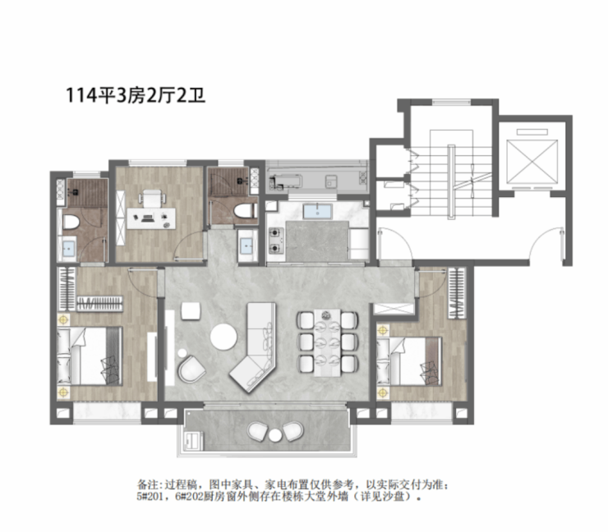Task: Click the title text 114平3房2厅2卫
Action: [x=136, y=95]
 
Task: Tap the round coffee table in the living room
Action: [x=223, y=337]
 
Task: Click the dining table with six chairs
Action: [x=328, y=342]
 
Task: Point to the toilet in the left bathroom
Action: [x=71, y=222]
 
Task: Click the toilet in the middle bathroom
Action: [x=245, y=211]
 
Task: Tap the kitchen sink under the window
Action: [x=318, y=211]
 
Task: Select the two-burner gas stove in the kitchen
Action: [x=276, y=241]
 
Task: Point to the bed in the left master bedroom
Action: [x=90, y=356]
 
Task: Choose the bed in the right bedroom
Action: [x=409, y=361]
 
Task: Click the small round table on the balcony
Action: [x=275, y=435]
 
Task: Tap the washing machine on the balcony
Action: [x=194, y=442]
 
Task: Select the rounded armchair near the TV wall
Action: [x=192, y=369]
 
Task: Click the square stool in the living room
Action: [x=191, y=311]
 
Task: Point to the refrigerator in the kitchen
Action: [x=359, y=244]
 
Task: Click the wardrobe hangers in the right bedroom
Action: [x=456, y=293]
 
